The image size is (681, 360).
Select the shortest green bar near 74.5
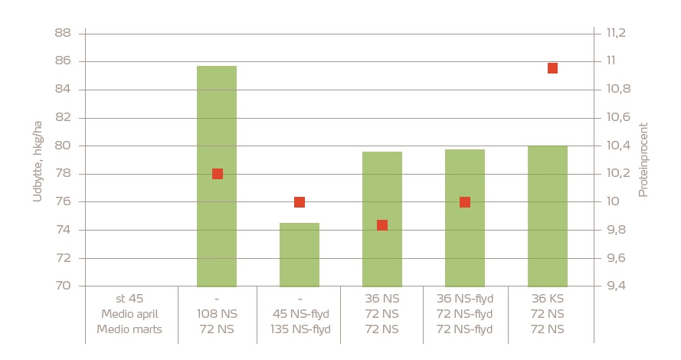[x=300, y=257]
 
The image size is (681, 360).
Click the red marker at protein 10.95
[x=552, y=68]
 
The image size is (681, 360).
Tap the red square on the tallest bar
[x=218, y=174]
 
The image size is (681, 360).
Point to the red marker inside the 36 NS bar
[x=382, y=225]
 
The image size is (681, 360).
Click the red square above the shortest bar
[x=300, y=202]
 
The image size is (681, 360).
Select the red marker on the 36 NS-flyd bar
[x=465, y=202]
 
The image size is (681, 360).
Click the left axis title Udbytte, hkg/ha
[x=38, y=160]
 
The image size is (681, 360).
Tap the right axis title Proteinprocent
[x=643, y=159]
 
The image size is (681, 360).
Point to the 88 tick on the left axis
[x=63, y=33]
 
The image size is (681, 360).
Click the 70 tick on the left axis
[x=63, y=286]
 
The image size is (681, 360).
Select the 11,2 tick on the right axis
[x=616, y=33]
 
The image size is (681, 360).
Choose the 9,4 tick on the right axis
[x=616, y=286]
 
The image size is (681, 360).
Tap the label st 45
[x=129, y=299]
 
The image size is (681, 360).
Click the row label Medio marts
[x=129, y=329]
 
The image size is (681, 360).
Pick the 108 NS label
[x=217, y=314]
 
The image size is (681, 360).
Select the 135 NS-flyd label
[x=300, y=329]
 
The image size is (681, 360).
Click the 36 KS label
[x=548, y=299]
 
